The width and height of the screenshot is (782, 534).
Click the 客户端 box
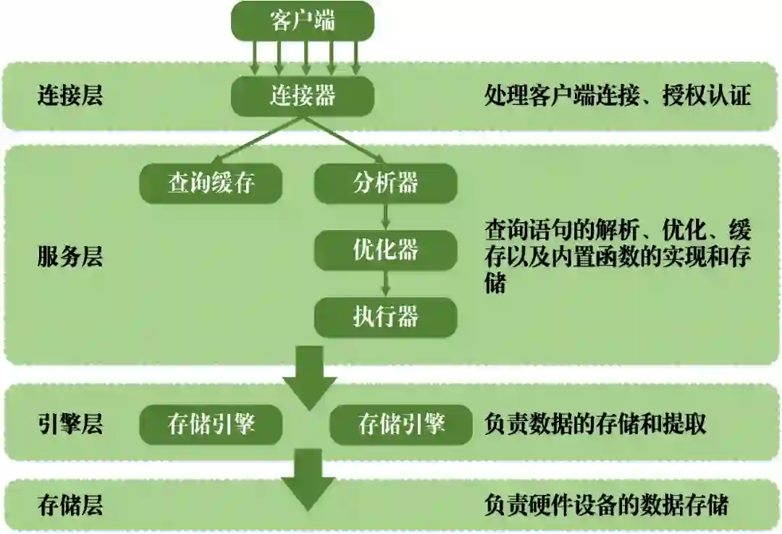(x=303, y=20)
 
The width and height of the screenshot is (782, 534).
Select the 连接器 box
(x=303, y=95)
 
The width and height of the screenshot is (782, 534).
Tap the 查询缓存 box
(x=211, y=183)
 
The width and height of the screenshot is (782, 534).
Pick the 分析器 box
(x=385, y=183)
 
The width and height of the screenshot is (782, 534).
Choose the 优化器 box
(x=385, y=250)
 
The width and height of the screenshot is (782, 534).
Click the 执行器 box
(x=385, y=317)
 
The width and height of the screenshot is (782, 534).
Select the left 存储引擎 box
(x=211, y=424)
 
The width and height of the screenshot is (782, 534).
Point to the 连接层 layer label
(x=70, y=96)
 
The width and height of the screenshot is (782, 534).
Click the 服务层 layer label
(x=70, y=256)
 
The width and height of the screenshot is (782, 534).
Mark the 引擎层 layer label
(x=70, y=424)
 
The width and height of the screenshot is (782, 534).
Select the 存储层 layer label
(x=70, y=504)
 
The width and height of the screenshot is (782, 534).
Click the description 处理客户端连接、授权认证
(x=617, y=96)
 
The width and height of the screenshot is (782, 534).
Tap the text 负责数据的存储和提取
(x=595, y=424)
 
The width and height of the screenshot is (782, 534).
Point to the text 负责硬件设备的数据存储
(x=605, y=504)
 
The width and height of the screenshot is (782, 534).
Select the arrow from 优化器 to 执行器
(x=387, y=283)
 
